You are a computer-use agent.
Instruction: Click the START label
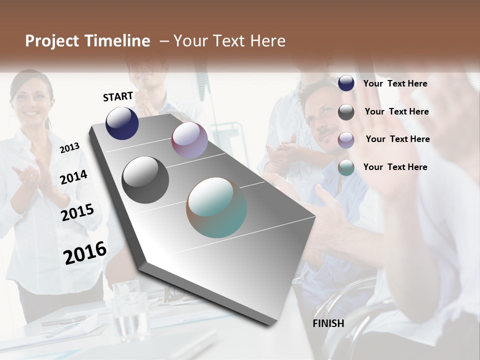coord(118,96)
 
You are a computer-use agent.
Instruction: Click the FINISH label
coord(328,323)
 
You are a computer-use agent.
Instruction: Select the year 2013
coord(69,147)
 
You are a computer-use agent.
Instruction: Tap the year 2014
coord(73,177)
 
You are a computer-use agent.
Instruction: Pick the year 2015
coord(77,212)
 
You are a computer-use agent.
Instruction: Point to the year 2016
coord(85,252)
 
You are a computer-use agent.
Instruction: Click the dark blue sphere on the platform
coord(122,123)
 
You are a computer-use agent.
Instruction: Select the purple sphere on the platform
coord(189,140)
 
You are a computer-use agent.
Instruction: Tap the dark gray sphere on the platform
coord(145,180)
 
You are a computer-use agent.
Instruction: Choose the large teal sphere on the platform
coord(216,207)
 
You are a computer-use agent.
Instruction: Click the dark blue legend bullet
coord(346,83)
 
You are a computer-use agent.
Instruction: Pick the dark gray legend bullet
coord(346,112)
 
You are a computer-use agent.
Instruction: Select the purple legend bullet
coord(346,139)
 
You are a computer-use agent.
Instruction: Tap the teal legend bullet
coord(346,167)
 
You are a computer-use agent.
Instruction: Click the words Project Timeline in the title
coord(87,41)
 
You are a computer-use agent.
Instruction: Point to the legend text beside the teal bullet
coord(395,167)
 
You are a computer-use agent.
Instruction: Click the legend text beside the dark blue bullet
coord(395,83)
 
